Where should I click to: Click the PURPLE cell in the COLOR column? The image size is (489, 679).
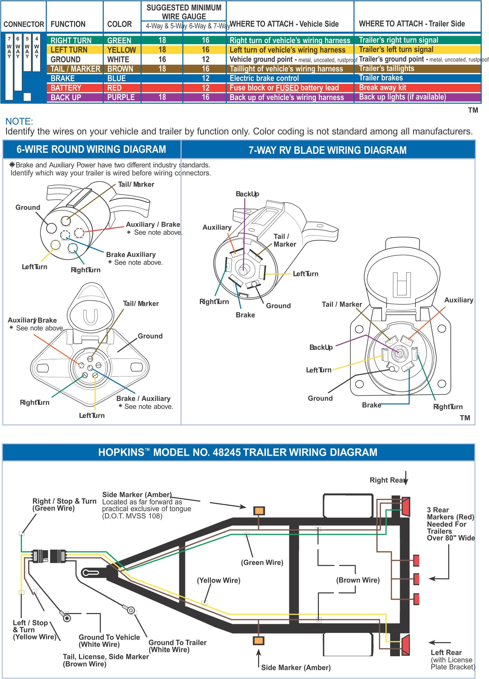pyautogui.click(x=121, y=97)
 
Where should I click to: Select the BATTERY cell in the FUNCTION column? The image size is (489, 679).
pyautogui.click(x=66, y=88)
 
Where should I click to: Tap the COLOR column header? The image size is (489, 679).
pyautogui.click(x=119, y=24)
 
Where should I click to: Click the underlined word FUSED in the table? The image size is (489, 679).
pyautogui.click(x=287, y=88)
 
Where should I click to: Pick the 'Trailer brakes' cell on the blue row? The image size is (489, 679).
pyautogui.click(x=381, y=78)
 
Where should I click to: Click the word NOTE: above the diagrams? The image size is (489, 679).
pyautogui.click(x=19, y=122)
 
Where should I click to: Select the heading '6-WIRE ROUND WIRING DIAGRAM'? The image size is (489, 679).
pyautogui.click(x=91, y=149)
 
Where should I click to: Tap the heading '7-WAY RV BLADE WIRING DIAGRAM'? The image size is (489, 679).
pyautogui.click(x=327, y=150)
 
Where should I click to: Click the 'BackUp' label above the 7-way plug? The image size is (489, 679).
pyautogui.click(x=247, y=194)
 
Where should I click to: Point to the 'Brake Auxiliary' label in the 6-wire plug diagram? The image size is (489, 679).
pyautogui.click(x=131, y=255)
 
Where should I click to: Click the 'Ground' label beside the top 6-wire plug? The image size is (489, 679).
pyautogui.click(x=28, y=207)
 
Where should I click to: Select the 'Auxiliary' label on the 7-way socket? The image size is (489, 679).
pyautogui.click(x=458, y=300)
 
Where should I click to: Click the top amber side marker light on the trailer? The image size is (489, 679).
pyautogui.click(x=259, y=511)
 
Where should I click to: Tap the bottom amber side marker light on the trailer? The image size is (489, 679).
pyautogui.click(x=258, y=641)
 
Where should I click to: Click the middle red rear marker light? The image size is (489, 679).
pyautogui.click(x=416, y=579)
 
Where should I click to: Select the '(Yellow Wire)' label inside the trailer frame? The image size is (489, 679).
pyautogui.click(x=218, y=581)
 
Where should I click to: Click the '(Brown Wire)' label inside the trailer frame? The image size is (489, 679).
pyautogui.click(x=358, y=580)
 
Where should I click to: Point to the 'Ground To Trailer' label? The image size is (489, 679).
pyautogui.click(x=177, y=643)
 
